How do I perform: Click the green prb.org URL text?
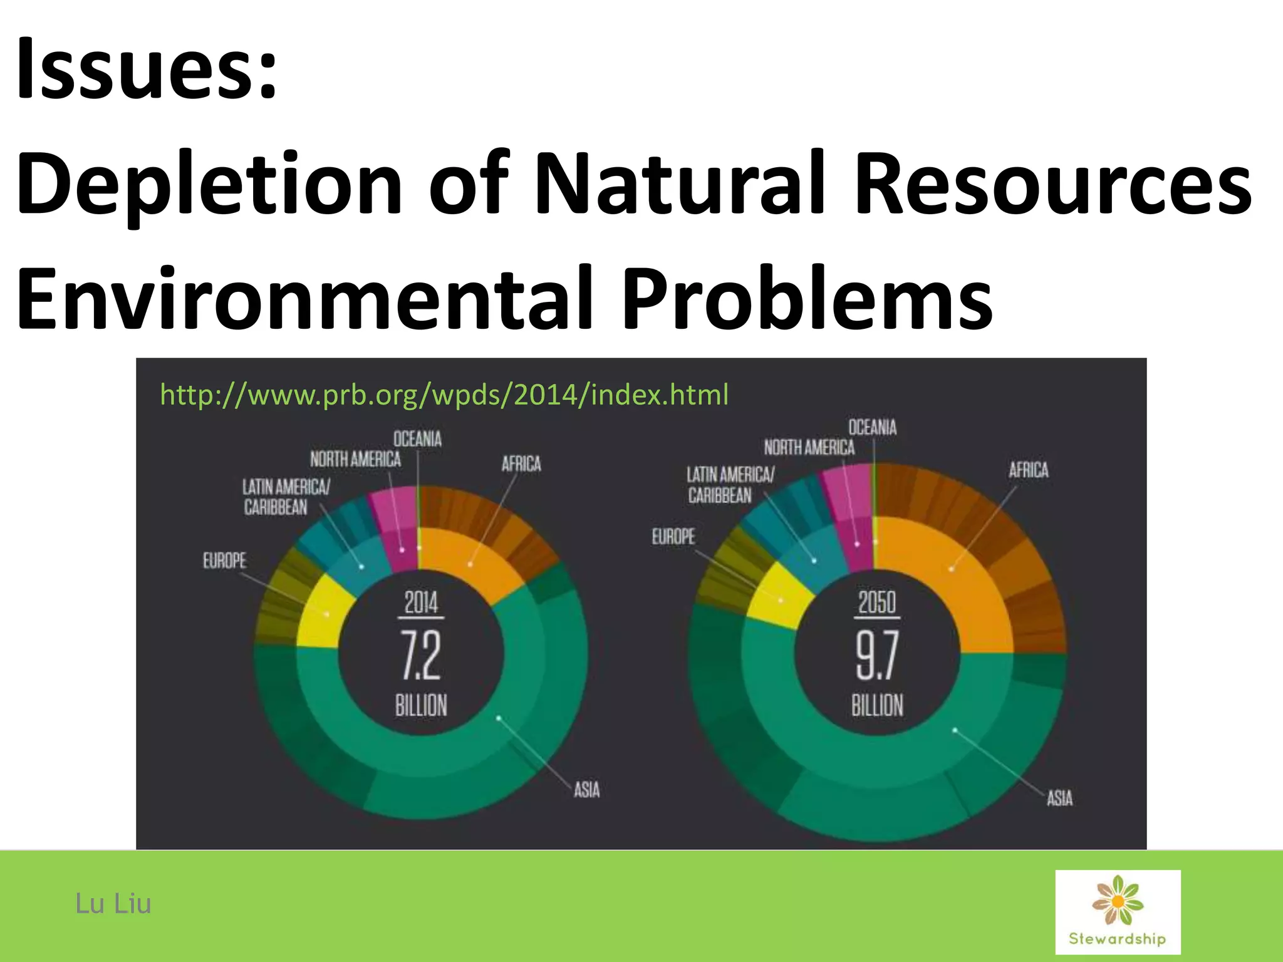coord(444,395)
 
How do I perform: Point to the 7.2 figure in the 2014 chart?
coord(421,655)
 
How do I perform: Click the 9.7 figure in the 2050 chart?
coord(877,655)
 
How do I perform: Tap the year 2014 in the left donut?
coord(421,603)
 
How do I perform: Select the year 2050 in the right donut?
coord(877,603)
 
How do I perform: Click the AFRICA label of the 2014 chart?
coord(521,464)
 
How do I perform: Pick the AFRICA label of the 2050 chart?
coord(1028,470)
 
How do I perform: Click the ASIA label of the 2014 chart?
coord(586,790)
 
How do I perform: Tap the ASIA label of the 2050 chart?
coord(1059,798)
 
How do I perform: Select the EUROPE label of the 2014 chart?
coord(224,561)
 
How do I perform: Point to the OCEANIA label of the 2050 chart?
coord(872,428)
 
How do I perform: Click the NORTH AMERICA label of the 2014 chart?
coord(355,460)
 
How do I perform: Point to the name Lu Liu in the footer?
coord(113,904)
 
